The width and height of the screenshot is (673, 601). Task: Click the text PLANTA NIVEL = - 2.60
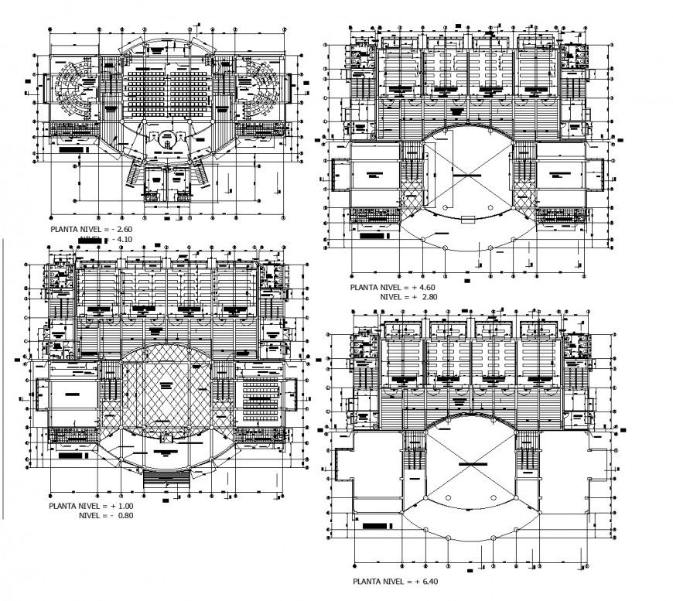(x=91, y=230)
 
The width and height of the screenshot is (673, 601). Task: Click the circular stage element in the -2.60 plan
(x=166, y=142)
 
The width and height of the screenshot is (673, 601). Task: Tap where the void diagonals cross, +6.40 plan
(x=466, y=463)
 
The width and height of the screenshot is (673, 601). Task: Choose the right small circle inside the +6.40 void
(x=492, y=493)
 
